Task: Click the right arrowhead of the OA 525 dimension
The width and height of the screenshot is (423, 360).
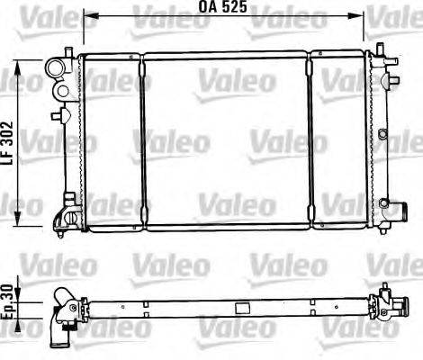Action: pos(363,15)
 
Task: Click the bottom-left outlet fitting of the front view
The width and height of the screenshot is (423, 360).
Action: pos(65,216)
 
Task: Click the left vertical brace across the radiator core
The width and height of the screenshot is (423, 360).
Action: pos(141,139)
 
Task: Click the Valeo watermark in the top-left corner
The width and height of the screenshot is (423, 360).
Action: pos(23,13)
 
